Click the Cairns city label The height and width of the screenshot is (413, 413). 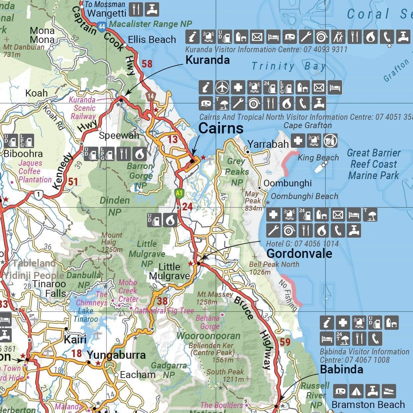(x=221, y=128)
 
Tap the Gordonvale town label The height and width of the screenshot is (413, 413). (x=299, y=254)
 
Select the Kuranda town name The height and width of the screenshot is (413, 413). (x=207, y=60)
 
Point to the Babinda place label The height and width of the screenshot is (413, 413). (x=341, y=369)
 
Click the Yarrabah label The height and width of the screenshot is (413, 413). (x=268, y=144)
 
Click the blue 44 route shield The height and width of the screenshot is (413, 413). (x=102, y=26)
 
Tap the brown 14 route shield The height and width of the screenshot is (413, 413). (x=151, y=96)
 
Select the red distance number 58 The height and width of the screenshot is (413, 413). (x=147, y=64)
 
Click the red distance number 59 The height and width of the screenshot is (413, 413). (x=285, y=342)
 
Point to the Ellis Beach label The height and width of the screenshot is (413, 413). (x=152, y=40)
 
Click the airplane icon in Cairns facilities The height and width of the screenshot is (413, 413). (x=222, y=88)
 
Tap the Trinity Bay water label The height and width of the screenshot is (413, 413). (x=288, y=66)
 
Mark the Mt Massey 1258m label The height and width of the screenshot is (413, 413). (x=215, y=298)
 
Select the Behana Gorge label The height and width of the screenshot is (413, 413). (x=208, y=322)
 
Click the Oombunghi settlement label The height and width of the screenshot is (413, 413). (x=288, y=183)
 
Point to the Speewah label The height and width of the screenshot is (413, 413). (x=119, y=135)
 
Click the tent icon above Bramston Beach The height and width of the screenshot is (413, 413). (x=356, y=391)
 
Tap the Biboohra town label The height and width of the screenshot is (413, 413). (x=23, y=154)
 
